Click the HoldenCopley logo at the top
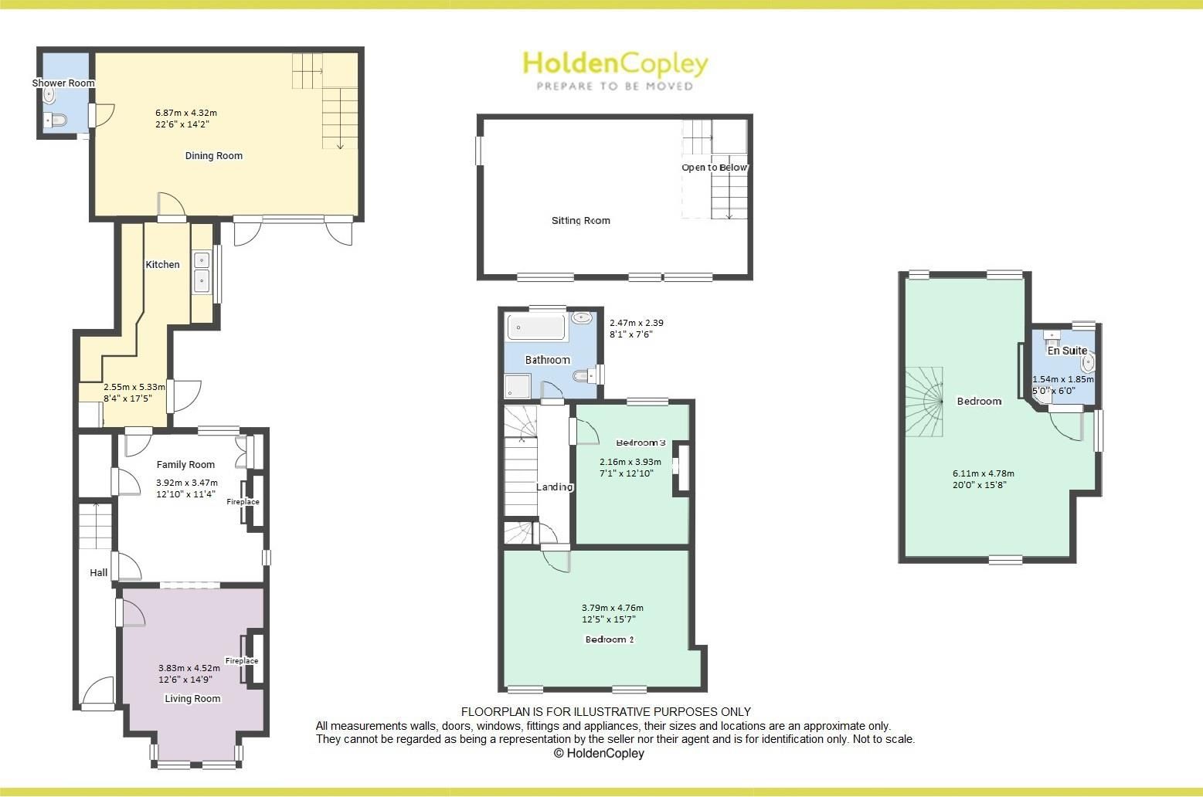(x=615, y=70)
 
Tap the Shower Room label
(x=63, y=83)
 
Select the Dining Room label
(x=214, y=156)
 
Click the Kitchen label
(x=163, y=265)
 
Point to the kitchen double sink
(x=202, y=271)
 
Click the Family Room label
(x=185, y=465)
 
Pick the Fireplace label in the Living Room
(x=242, y=661)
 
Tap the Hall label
(x=99, y=573)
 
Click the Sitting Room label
(x=581, y=221)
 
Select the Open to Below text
(x=715, y=168)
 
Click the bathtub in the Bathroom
(x=535, y=327)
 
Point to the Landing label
(x=555, y=487)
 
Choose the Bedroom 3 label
(x=641, y=443)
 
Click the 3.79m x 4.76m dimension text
(x=613, y=608)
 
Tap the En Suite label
(x=1067, y=351)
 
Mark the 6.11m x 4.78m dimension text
(x=984, y=474)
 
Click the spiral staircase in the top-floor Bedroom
(x=926, y=402)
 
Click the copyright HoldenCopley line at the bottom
(x=599, y=754)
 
